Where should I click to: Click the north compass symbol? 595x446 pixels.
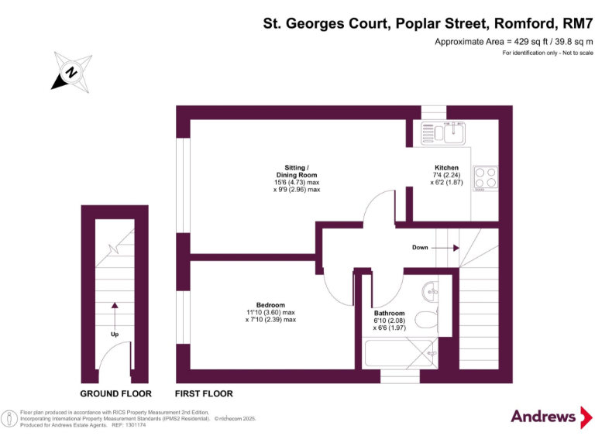tap(70, 72)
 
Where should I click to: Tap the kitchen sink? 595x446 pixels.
tap(442, 133)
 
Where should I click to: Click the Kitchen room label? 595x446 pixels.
tap(446, 167)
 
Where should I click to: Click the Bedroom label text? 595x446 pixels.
tap(271, 304)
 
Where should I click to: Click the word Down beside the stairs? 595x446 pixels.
tap(420, 248)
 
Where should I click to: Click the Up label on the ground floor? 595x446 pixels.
tap(114, 334)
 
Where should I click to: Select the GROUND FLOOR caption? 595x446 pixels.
tap(116, 394)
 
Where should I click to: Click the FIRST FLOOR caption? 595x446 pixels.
tap(204, 394)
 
